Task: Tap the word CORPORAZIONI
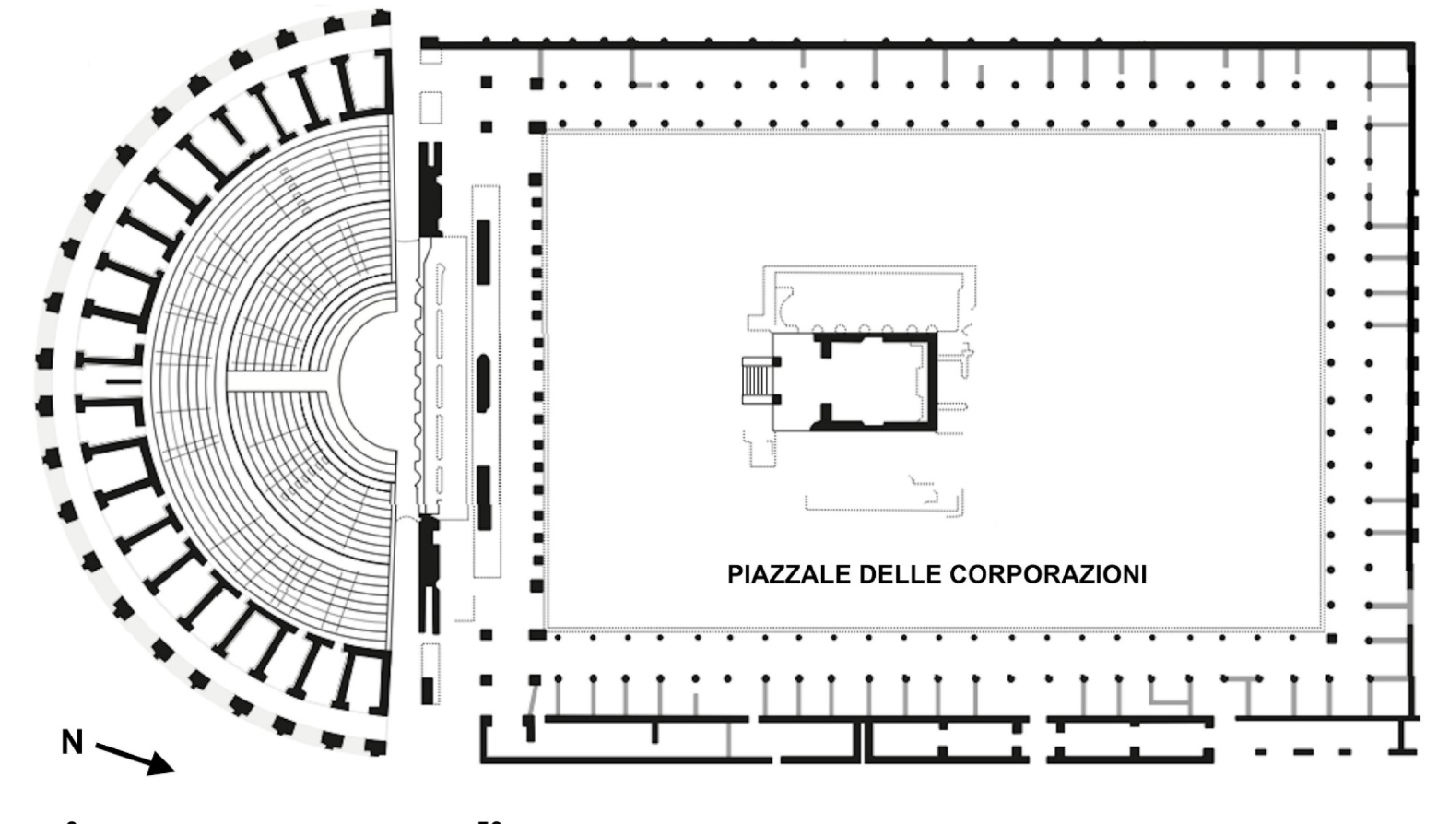tap(1047, 574)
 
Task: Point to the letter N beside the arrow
tap(73, 741)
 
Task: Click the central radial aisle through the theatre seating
tap(277, 380)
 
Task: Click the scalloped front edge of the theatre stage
tap(420, 380)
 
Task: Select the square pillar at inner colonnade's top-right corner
tap(1332, 124)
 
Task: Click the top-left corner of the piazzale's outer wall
tap(428, 42)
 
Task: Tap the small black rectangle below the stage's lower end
tap(428, 689)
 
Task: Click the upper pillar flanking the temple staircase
tap(777, 360)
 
